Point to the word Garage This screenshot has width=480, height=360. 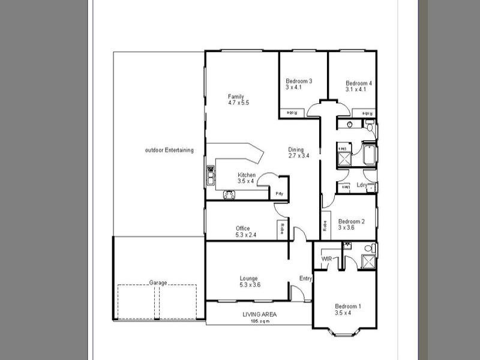click(x=158, y=283)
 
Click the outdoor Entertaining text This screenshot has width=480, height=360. click(x=169, y=150)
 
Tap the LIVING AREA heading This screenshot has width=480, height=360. click(x=260, y=314)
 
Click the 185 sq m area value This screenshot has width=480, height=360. click(x=260, y=322)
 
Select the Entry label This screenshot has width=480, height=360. click(x=305, y=278)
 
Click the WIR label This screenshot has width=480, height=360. click(x=327, y=259)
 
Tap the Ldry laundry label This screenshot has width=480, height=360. click(x=362, y=185)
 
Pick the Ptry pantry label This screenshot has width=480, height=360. click(x=279, y=194)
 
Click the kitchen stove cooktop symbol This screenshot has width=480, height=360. click(x=229, y=194)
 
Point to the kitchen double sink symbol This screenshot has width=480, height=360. click(x=211, y=175)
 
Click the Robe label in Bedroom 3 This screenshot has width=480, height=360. click(x=291, y=112)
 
